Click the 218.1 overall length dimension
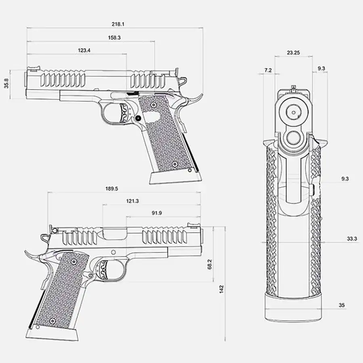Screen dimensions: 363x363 118,24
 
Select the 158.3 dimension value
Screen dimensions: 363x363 115,38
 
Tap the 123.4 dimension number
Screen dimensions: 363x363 84,50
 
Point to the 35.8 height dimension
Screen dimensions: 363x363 6,83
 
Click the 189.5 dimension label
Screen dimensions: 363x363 112,189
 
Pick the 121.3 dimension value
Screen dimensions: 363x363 132,201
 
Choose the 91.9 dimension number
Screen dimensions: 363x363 157,213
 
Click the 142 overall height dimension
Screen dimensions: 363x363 221,289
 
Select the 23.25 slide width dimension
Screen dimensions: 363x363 293,53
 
